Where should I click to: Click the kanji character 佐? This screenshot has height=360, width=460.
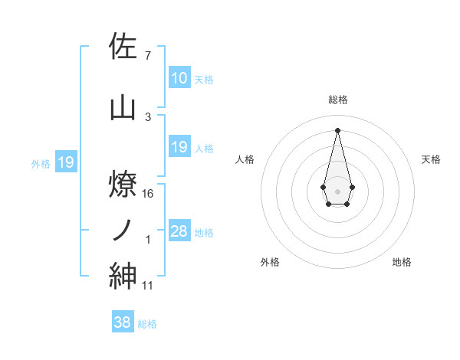pos(123,47)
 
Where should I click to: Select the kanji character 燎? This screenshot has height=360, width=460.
pos(123,183)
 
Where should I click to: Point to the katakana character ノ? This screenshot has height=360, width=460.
pos(123,229)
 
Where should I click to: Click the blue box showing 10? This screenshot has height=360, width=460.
pos(179,77)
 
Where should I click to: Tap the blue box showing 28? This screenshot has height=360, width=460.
pos(179,231)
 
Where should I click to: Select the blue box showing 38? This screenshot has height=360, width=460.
pos(123,323)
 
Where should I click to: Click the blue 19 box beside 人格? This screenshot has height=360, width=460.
pos(179,147)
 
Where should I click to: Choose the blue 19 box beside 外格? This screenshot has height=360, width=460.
pos(66,162)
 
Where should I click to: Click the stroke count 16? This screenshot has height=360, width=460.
pos(148,194)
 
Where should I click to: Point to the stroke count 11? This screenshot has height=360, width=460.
pos(148,286)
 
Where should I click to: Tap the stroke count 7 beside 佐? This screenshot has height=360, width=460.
pos(147,56)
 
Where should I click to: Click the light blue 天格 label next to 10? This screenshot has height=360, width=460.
pos(204,79)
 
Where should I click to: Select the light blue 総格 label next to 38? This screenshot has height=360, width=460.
pos(147,324)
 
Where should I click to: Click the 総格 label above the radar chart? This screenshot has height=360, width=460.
pos(337,100)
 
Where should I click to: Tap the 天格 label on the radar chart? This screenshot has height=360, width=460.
pos(431,159)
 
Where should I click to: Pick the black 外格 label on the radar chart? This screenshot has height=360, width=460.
pos(270,262)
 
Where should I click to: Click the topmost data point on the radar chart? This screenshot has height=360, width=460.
pos(337,129)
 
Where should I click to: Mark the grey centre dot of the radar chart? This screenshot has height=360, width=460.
pos(337,190)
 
